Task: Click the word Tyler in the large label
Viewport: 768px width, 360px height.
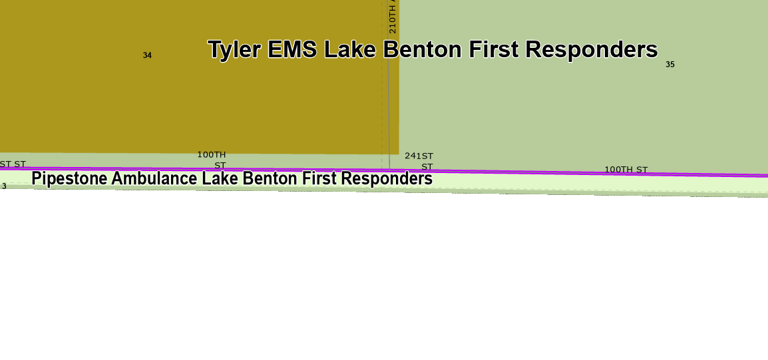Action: tap(234, 50)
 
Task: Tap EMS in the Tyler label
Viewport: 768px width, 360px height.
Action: tap(291, 50)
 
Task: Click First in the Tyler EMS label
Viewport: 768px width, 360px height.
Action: tap(494, 50)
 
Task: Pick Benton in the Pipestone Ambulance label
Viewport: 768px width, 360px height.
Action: tap(270, 179)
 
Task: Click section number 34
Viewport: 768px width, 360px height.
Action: tap(147, 55)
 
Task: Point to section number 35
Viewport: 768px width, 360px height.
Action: tap(670, 65)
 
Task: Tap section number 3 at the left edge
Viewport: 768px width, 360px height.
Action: tap(3, 186)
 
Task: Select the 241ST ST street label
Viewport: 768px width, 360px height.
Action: tap(419, 161)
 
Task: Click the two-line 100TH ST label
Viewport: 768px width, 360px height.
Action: tap(212, 160)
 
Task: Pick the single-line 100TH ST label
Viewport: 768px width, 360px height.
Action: tap(626, 170)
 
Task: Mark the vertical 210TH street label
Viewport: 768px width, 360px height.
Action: tap(393, 17)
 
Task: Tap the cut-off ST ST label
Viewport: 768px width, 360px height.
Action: tap(13, 164)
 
